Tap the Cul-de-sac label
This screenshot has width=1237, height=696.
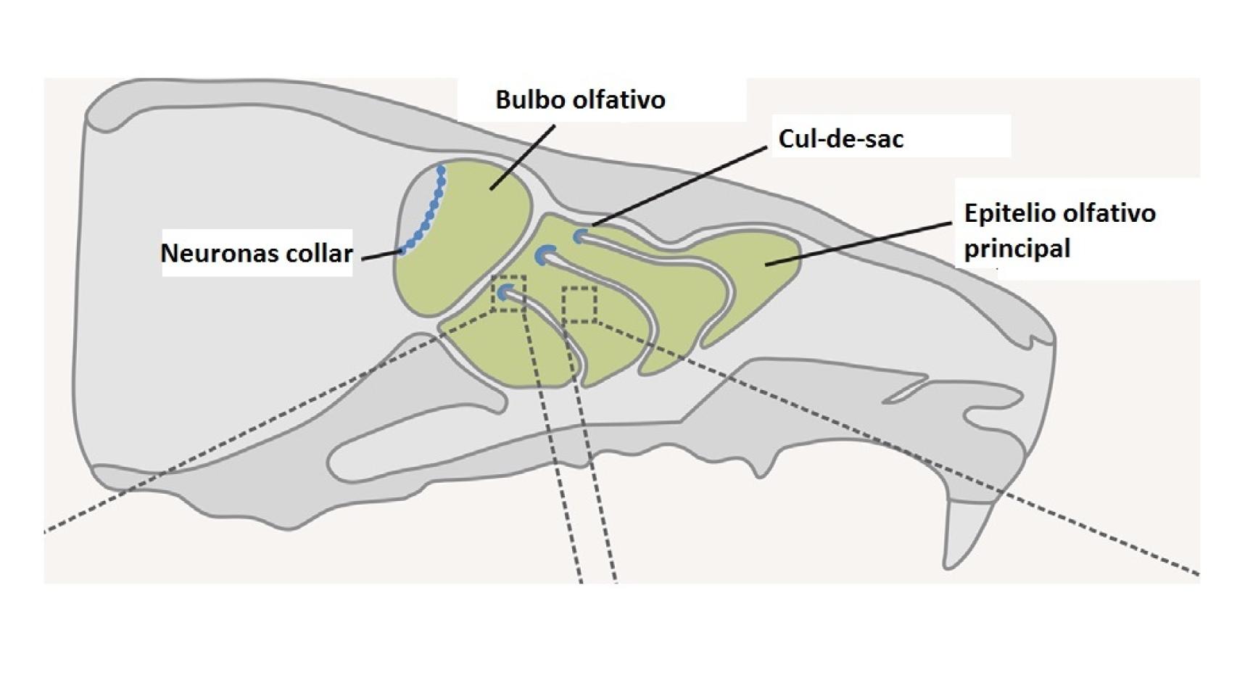(840, 138)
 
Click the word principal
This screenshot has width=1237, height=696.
(1017, 249)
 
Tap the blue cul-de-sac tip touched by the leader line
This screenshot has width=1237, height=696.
(579, 236)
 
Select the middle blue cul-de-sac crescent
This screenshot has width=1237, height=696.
(544, 254)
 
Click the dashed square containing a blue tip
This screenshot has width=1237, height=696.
(508, 294)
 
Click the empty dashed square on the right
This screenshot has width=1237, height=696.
(579, 304)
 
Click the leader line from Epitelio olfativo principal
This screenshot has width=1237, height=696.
(859, 244)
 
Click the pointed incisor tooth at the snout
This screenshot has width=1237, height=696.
(968, 533)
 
